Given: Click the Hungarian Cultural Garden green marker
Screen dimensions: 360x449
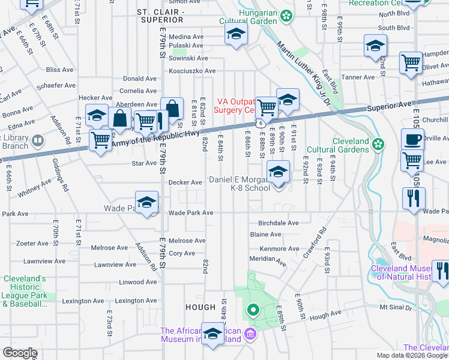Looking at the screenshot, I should (288, 14).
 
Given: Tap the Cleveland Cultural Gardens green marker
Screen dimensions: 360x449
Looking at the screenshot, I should (378, 143).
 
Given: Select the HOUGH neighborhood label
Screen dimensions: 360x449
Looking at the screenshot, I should (200, 307).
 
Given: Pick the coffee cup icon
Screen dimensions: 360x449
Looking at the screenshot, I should (412, 140).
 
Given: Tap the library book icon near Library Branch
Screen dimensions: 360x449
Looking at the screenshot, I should (38, 141).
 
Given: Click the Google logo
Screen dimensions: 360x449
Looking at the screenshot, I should (20, 353).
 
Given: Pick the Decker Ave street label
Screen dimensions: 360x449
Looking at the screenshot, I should (185, 182).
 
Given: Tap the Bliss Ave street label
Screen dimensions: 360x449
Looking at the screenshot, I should (59, 70).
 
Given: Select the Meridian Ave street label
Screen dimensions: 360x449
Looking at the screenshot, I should (268, 261).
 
